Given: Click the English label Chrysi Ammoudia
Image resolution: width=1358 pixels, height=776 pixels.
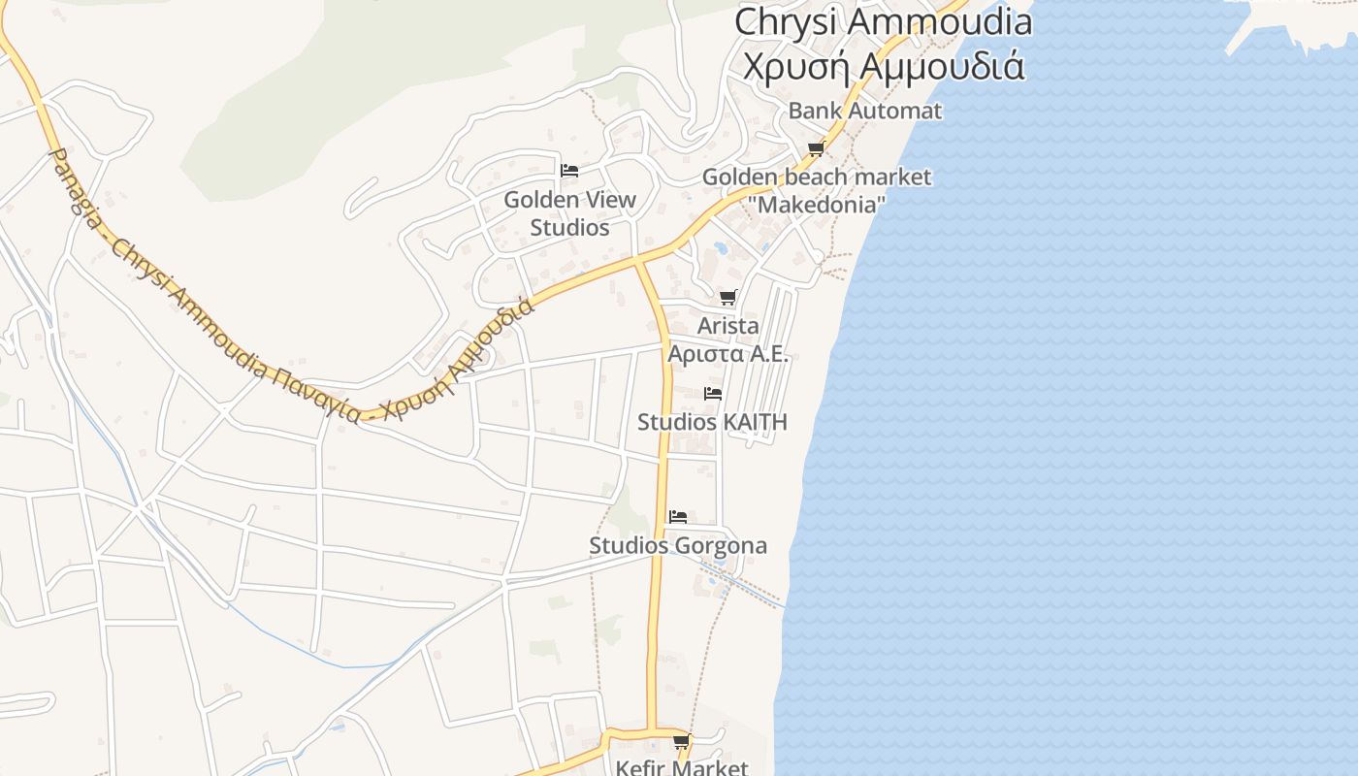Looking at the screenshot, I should coord(883,21).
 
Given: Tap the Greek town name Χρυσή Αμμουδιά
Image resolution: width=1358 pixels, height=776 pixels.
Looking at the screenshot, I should coord(883,65).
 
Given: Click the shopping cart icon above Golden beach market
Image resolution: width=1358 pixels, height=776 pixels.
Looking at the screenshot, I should coord(816,148).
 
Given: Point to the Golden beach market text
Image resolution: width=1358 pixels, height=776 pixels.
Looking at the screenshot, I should coord(816,177).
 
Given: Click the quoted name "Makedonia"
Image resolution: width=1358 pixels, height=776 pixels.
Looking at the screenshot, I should coord(817,205).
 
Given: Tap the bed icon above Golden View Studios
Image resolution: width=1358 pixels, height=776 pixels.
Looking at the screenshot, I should coord(569,171).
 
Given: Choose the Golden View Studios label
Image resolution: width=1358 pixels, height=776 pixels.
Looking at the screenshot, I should coord(570,213).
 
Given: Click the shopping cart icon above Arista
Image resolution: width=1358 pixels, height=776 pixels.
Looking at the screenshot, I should coord(727,297).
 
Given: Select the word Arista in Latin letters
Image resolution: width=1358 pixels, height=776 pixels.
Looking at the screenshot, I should coord(728,326).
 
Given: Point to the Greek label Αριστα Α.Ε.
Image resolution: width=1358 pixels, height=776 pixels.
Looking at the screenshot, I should coord(728,353).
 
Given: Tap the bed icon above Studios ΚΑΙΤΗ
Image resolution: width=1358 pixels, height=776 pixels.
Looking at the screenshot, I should coord(713,394).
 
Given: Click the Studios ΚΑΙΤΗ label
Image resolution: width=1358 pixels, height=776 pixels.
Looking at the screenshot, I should coord(712,422).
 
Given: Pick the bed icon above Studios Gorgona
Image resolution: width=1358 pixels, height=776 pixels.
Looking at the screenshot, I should coord(678,516).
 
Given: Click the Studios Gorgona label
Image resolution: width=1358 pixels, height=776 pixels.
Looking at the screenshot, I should coord(678,545).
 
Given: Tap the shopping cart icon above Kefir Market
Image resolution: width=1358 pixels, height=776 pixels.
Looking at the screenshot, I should coord(681,742).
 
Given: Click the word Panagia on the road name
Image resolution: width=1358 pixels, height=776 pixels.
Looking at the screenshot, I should coord(76,190).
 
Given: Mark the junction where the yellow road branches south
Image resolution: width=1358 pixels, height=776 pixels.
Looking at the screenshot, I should coord(638,261).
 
